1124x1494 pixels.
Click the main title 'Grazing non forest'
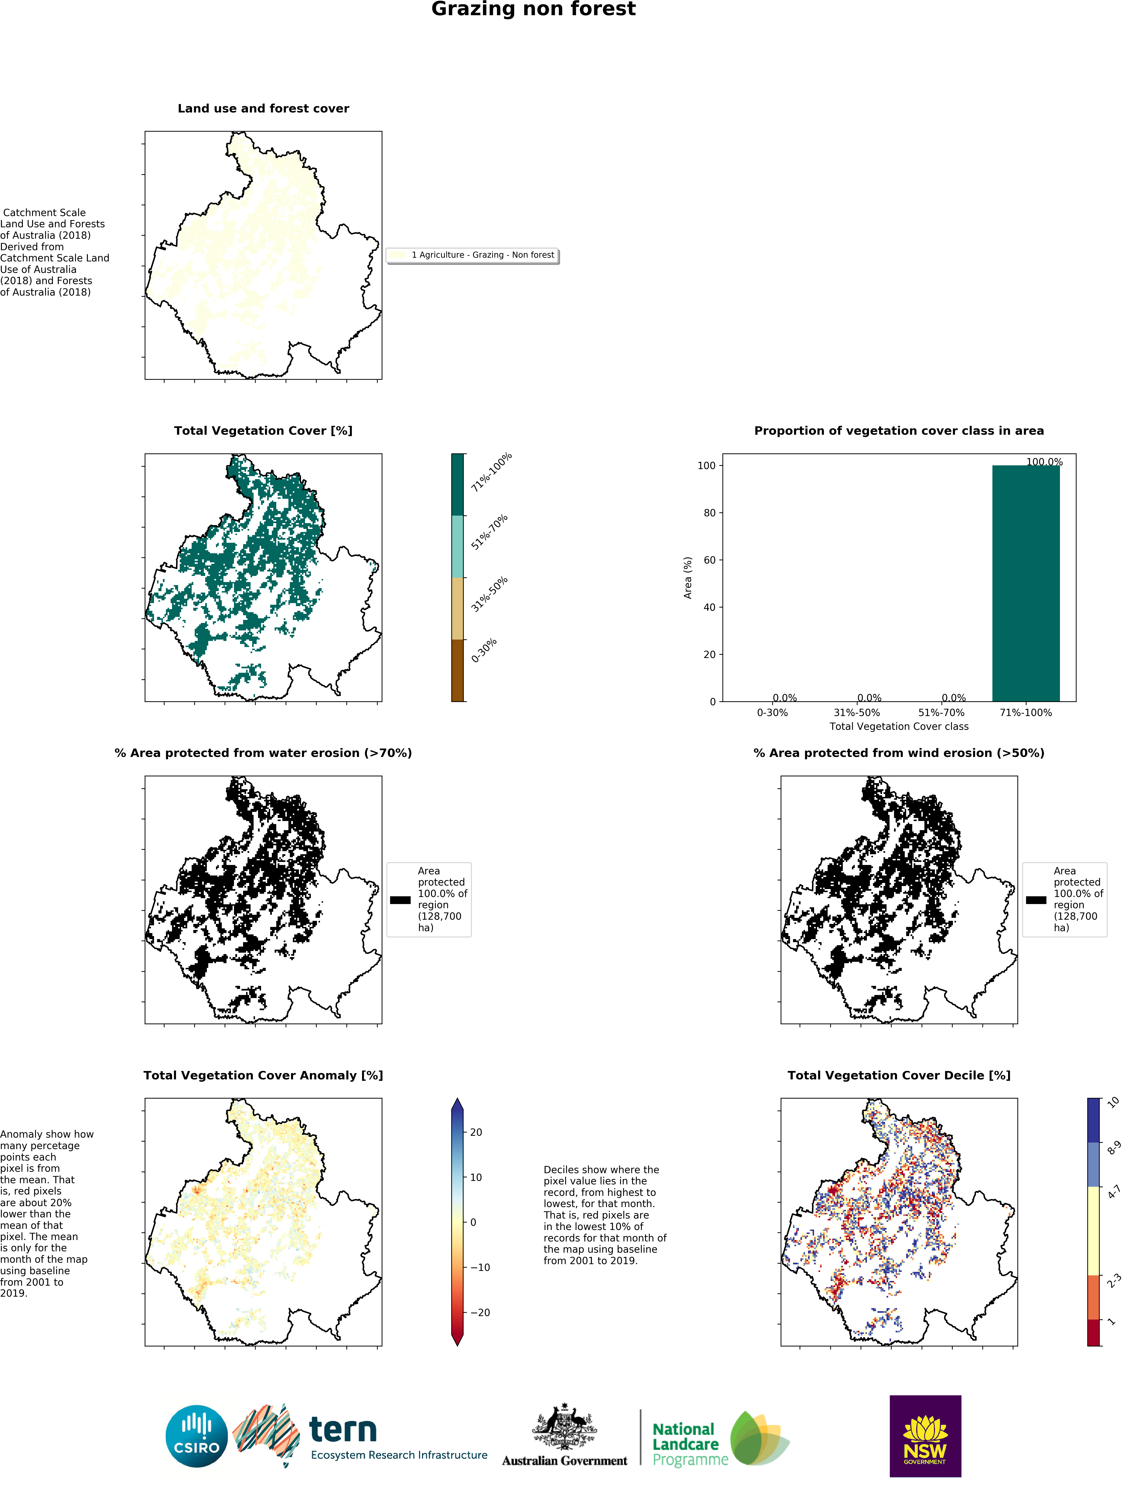tap(533, 9)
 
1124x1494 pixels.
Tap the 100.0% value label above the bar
tap(1044, 462)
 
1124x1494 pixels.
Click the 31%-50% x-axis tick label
tap(857, 713)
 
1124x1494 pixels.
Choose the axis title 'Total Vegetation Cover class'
tap(898, 727)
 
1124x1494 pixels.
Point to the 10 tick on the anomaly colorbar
tap(476, 1177)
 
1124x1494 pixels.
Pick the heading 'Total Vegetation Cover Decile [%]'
tap(898, 1075)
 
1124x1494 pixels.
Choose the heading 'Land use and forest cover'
tap(263, 109)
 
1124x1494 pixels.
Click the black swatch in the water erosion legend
tap(400, 900)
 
